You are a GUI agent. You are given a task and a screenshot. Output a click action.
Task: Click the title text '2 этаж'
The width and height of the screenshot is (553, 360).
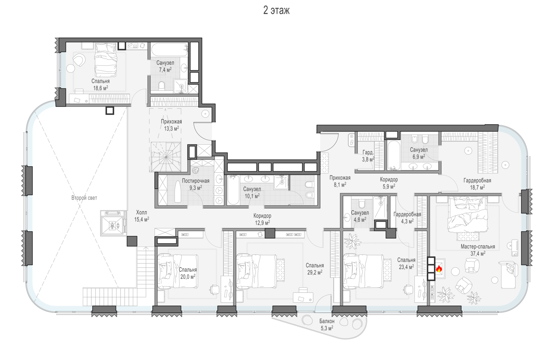click(276, 10)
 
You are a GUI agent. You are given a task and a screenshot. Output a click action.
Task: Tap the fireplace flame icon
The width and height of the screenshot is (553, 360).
click(439, 269)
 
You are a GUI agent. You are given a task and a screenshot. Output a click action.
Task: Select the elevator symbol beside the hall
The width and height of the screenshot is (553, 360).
click(112, 223)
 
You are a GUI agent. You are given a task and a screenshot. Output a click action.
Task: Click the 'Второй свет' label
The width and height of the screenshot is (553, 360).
click(84, 198)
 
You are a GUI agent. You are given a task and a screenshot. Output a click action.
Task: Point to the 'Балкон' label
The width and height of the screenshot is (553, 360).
click(327, 321)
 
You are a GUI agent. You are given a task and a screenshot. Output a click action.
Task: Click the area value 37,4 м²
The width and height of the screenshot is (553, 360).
click(478, 254)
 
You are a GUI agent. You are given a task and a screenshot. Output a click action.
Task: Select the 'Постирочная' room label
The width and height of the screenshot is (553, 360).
click(195, 181)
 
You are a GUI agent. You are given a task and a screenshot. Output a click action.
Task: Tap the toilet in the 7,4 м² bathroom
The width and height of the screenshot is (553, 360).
click(162, 85)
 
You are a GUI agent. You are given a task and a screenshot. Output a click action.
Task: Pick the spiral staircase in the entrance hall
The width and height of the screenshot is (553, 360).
click(166, 157)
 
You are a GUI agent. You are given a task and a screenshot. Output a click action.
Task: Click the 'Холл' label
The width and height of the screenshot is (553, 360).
click(142, 212)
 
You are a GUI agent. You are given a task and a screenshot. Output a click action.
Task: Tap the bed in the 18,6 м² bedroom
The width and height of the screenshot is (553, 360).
click(106, 60)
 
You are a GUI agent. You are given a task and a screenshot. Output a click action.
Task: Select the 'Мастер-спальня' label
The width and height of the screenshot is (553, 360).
click(478, 247)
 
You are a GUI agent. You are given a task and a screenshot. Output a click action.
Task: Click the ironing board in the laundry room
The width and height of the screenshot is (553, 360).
click(178, 192)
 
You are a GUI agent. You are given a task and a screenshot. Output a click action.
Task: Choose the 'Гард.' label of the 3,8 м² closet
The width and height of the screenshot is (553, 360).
click(368, 153)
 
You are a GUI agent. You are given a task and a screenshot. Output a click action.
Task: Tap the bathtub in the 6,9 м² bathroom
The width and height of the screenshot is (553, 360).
click(394, 155)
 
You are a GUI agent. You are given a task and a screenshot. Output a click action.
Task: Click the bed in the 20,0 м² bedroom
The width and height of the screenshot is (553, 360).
click(178, 272)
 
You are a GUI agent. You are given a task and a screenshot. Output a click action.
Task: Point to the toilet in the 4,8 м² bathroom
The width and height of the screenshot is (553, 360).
click(362, 204)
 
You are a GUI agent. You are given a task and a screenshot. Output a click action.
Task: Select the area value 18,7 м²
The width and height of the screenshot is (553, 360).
click(477, 188)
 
